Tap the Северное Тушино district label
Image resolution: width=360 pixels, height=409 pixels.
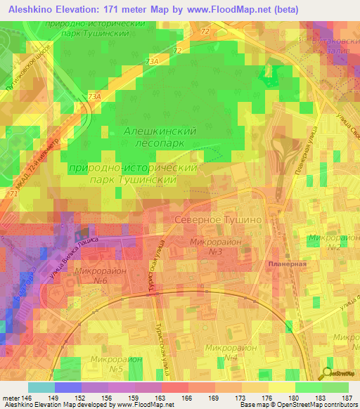click(x=218, y=220)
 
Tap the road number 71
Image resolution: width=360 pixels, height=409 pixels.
click(x=13, y=193)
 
